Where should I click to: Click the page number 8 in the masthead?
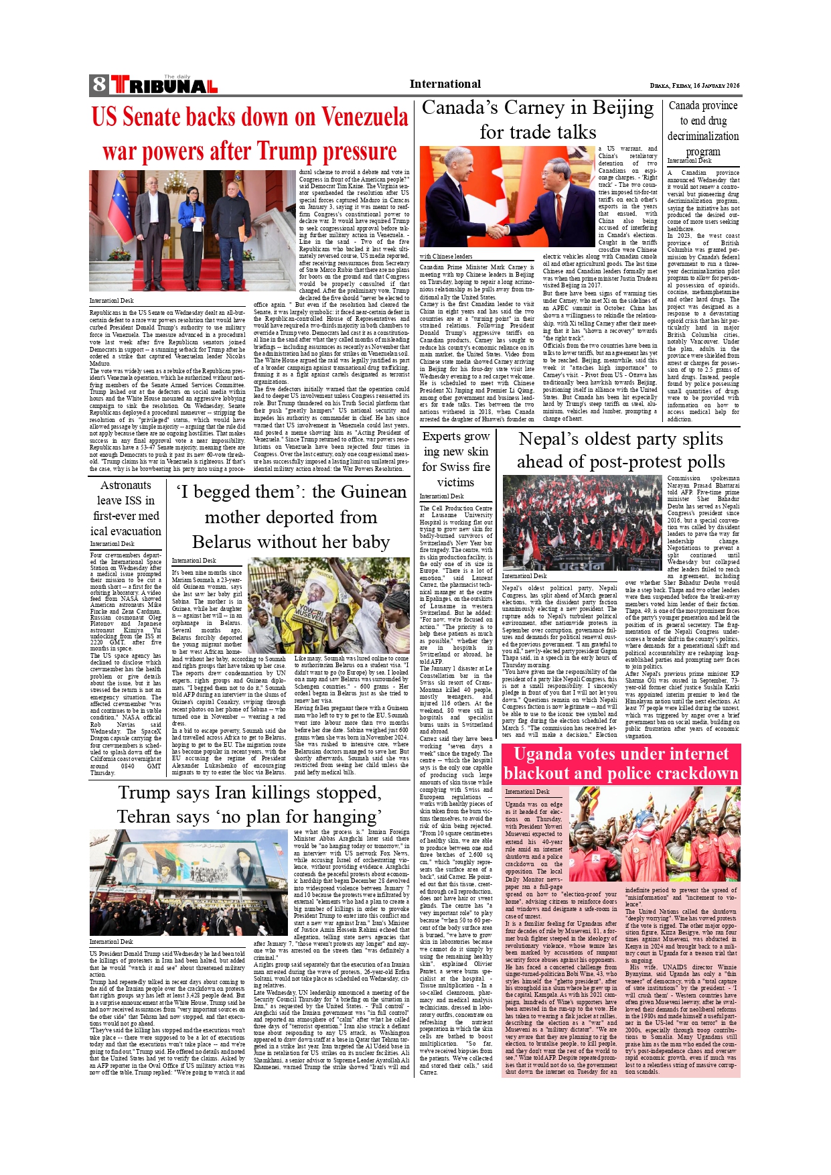pyautogui.click(x=99, y=84)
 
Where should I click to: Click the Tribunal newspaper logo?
pyautogui.click(x=164, y=85)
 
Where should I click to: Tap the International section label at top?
pyautogui.click(x=445, y=84)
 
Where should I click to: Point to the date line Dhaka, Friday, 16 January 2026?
pyautogui.click(x=694, y=86)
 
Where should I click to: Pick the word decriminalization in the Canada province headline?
pyautogui.click(x=703, y=136)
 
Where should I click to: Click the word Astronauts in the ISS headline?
pyautogui.click(x=126, y=485)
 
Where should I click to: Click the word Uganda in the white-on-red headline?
pyautogui.click(x=543, y=754)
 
